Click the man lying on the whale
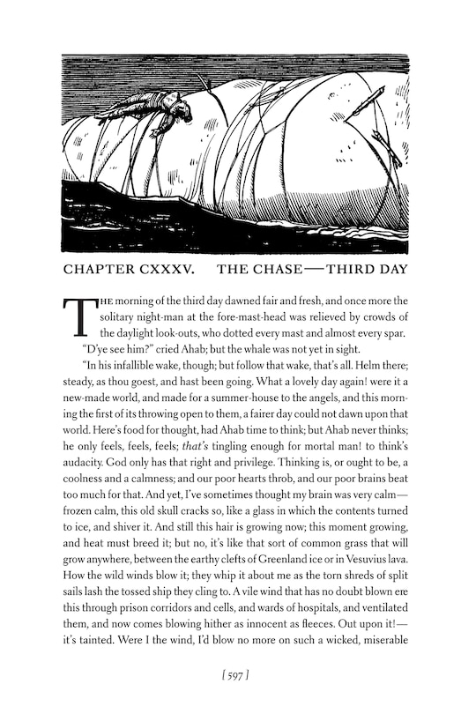163,112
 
